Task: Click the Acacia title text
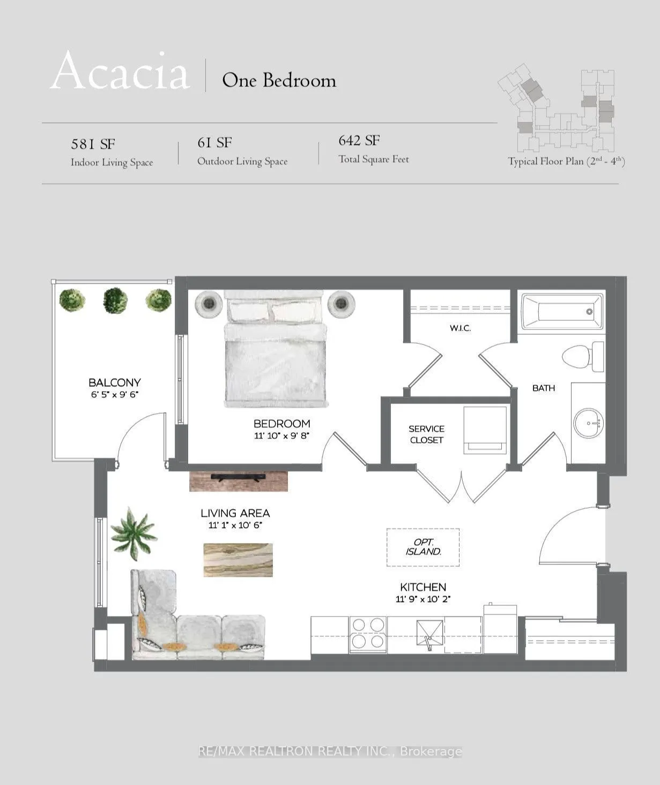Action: tap(120, 71)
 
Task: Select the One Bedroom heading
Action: tap(279, 80)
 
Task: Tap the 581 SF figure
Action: tap(93, 144)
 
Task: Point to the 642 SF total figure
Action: tap(359, 141)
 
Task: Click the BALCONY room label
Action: tap(115, 383)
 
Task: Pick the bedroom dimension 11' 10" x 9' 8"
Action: tap(281, 435)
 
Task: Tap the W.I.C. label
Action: tap(460, 328)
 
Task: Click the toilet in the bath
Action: tap(583, 356)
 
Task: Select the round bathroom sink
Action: tap(588, 423)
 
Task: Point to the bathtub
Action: tap(561, 312)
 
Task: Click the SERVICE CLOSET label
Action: tap(426, 434)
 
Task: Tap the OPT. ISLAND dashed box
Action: tap(423, 547)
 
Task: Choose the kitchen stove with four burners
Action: tap(368, 635)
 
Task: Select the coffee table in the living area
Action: tap(238, 560)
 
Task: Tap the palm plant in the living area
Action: tap(134, 533)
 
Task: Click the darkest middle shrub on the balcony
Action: tap(115, 300)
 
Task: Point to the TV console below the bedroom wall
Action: tap(239, 481)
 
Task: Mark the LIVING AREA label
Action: tap(235, 513)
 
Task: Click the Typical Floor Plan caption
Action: tap(567, 162)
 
